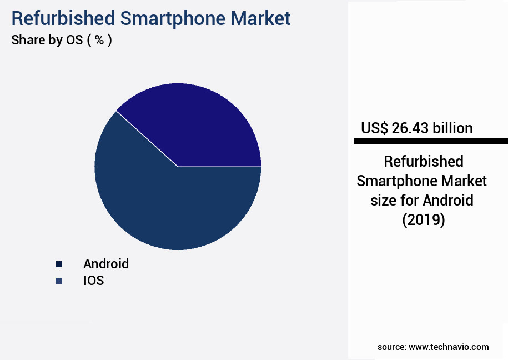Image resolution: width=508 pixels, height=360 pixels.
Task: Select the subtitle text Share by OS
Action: [47, 41]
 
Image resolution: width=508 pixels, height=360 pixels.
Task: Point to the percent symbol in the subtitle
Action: [99, 41]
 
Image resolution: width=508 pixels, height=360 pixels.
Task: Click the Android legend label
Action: [106, 264]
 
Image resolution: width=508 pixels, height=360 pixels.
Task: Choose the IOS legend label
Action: [94, 281]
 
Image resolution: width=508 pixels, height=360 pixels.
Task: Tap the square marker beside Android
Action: [58, 264]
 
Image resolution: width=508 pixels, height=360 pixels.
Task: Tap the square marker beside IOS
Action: [58, 281]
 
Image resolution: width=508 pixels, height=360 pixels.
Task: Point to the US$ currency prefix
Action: [374, 128]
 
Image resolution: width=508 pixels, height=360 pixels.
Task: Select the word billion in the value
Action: [452, 128]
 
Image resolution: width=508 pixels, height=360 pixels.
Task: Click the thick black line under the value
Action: [431, 142]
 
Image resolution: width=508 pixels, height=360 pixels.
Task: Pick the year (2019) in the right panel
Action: [424, 219]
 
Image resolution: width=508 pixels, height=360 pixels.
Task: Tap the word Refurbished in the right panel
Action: [424, 162]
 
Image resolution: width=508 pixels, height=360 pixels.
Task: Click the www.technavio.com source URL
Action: [449, 347]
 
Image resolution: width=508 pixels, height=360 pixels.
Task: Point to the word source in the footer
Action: [391, 347]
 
